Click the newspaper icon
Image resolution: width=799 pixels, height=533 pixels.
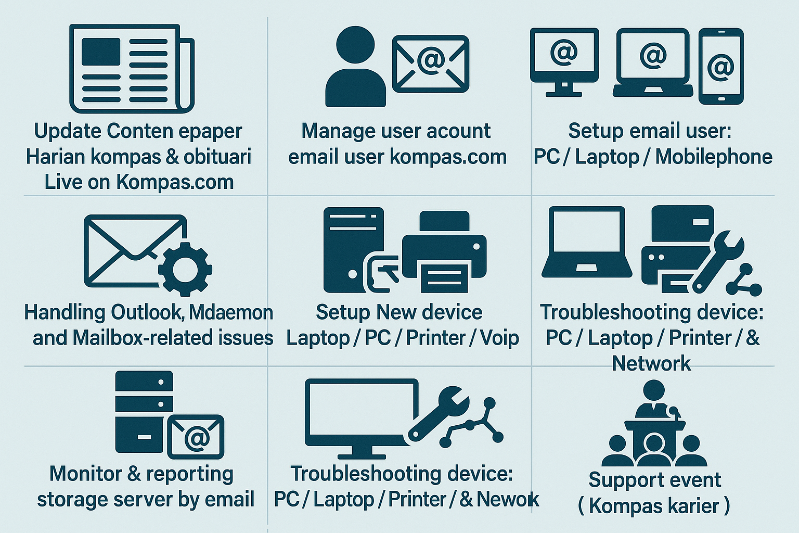pos(132,68)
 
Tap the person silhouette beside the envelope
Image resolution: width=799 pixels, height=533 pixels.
pos(356,68)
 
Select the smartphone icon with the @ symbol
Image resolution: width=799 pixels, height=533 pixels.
pos(720,66)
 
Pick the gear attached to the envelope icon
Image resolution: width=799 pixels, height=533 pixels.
pos(185,269)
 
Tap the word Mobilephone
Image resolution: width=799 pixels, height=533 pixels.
pos(714,157)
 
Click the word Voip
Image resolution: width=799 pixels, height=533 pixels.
pos(499,338)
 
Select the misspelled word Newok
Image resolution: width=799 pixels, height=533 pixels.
pos(508,499)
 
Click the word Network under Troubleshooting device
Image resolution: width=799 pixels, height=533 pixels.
pos(651,363)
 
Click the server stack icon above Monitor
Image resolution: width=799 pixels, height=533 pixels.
pos(144,411)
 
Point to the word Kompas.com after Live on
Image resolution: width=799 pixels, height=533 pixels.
pos(175,182)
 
